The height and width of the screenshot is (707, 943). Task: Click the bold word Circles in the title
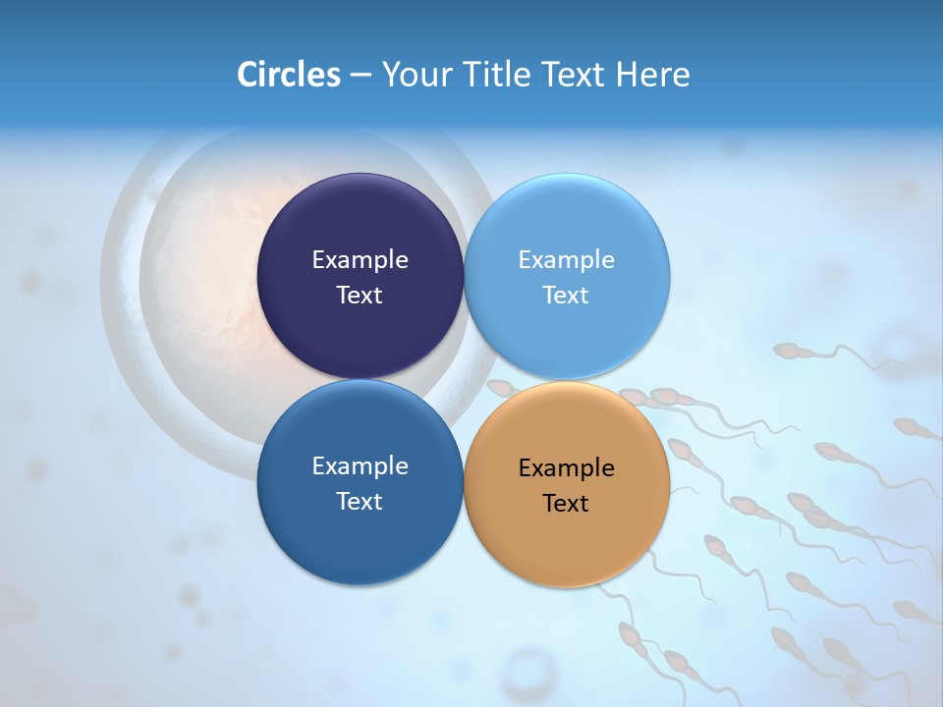[x=288, y=74]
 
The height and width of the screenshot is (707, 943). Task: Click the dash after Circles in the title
[x=361, y=75]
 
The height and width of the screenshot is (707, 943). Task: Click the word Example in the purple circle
[x=360, y=259]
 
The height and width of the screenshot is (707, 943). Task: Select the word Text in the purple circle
[x=360, y=295]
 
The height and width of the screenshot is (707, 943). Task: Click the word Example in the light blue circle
[x=566, y=259]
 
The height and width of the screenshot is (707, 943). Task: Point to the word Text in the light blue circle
[x=566, y=295]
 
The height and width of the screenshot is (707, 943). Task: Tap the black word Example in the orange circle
[x=566, y=467]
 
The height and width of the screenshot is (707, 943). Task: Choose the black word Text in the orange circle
[x=566, y=503]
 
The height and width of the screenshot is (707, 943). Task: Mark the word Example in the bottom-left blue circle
[x=360, y=465]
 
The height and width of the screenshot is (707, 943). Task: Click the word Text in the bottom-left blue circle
[x=360, y=501]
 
